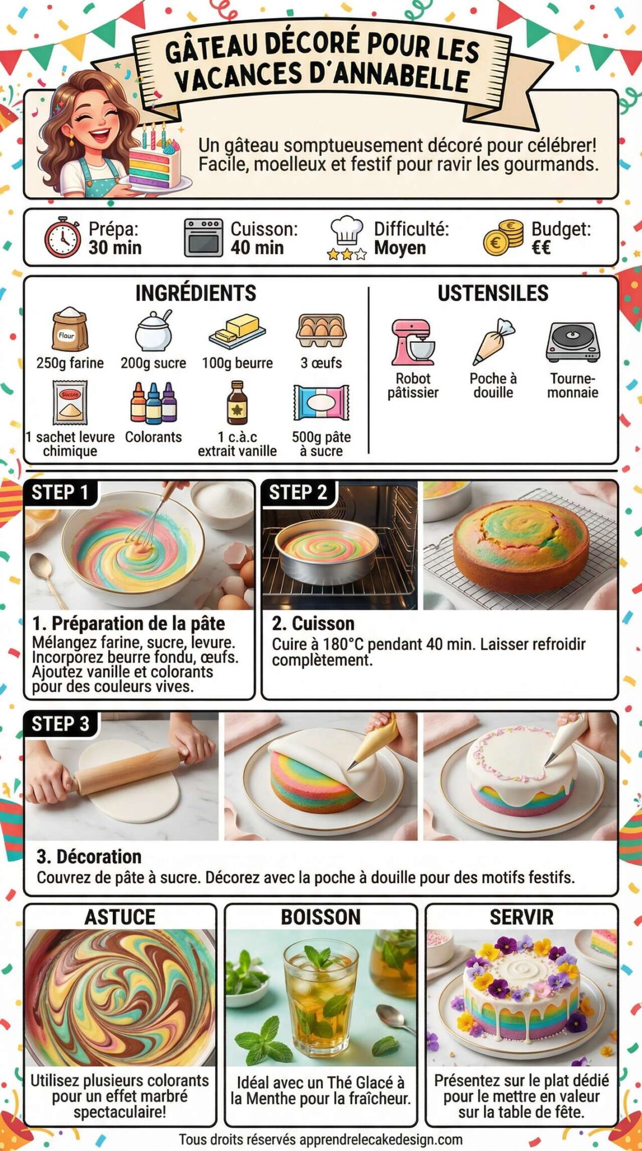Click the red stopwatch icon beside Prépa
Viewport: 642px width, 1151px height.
pyautogui.click(x=62, y=238)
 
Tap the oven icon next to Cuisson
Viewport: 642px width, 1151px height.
pyautogui.click(x=203, y=237)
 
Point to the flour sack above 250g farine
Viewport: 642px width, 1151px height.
pyautogui.click(x=70, y=330)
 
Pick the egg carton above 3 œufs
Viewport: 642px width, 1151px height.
pyautogui.click(x=321, y=330)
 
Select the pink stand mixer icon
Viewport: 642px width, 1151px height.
pyautogui.click(x=413, y=343)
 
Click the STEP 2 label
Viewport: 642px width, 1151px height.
pyautogui.click(x=298, y=493)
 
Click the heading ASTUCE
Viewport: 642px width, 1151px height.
pyautogui.click(x=120, y=917)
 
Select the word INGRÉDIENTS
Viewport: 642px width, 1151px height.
pyautogui.click(x=195, y=293)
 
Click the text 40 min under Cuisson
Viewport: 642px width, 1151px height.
pyautogui.click(x=257, y=248)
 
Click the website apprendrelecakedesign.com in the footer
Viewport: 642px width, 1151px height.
pyautogui.click(x=381, y=1140)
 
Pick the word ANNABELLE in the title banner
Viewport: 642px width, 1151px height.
pyautogui.click(x=394, y=78)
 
